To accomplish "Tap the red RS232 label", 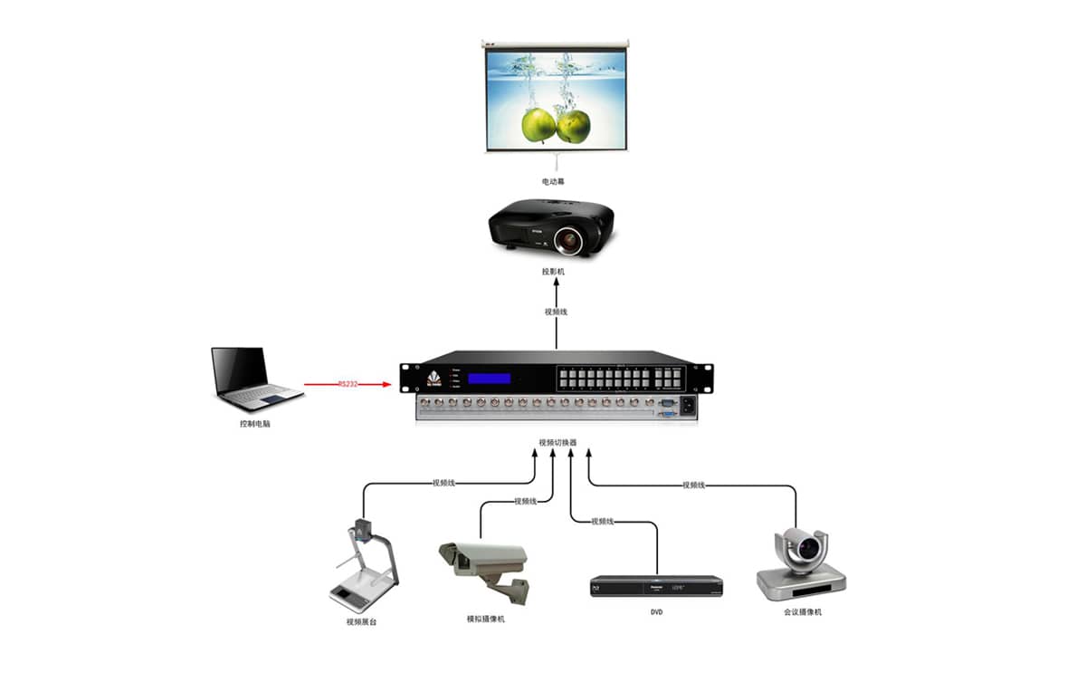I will [x=348, y=384].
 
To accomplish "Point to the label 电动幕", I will [x=554, y=182].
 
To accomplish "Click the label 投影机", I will [x=554, y=272].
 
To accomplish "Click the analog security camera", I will [x=482, y=567].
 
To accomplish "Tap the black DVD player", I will [x=656, y=586].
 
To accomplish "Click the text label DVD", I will [x=657, y=613].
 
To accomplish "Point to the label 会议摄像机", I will [x=803, y=612].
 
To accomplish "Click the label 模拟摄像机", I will [x=485, y=619].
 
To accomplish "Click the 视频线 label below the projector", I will [x=556, y=312].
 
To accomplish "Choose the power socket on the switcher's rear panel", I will [x=688, y=406].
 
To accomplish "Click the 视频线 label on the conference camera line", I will [x=693, y=485].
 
